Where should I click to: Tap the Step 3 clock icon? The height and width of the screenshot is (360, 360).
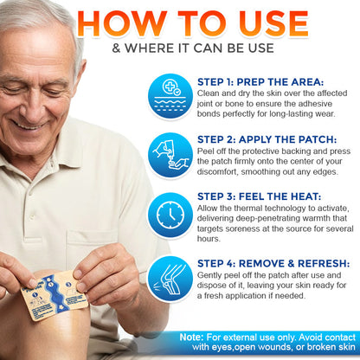click(x=170, y=214)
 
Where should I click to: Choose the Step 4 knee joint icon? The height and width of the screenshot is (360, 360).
click(x=170, y=275)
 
